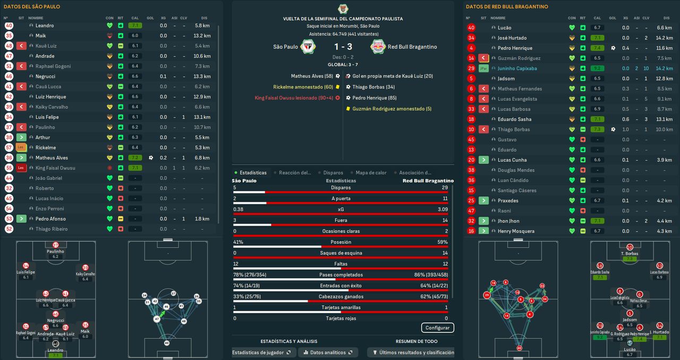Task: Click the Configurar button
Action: coord(437,328)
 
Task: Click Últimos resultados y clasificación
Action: coord(413,353)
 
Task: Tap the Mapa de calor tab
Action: coord(371,173)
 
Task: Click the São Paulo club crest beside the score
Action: coord(307,47)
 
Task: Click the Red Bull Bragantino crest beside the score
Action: coord(378,47)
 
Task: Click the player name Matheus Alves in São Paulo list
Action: coord(52,158)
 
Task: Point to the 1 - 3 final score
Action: coord(342,47)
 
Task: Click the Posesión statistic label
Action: coord(341,242)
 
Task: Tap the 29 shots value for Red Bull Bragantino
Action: coord(444,187)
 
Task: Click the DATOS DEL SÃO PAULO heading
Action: coord(32,7)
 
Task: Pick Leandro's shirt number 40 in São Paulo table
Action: coord(9,25)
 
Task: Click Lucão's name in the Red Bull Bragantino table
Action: coord(504,28)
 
